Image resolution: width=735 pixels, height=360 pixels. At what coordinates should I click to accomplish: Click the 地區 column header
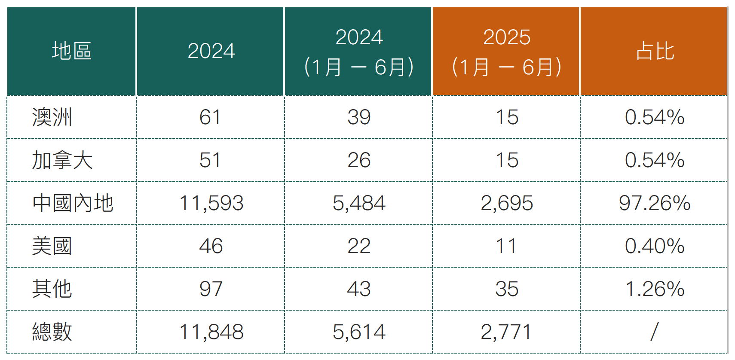click(72, 51)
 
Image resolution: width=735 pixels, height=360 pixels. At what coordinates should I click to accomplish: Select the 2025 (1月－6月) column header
click(506, 52)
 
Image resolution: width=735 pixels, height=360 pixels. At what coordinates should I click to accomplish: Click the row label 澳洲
click(52, 117)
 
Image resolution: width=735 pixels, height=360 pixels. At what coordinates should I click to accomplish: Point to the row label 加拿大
click(62, 160)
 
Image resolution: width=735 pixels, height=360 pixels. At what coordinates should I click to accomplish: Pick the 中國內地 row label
click(73, 203)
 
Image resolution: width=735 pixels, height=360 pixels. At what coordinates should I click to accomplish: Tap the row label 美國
click(52, 246)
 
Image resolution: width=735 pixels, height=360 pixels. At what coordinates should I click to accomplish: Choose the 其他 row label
click(52, 289)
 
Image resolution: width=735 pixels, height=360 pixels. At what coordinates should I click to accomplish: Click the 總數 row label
click(52, 332)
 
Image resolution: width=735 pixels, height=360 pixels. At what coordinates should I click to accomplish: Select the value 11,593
click(211, 203)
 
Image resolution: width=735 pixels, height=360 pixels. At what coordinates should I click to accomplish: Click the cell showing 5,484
click(359, 203)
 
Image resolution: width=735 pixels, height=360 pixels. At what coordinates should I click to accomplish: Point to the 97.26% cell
click(654, 203)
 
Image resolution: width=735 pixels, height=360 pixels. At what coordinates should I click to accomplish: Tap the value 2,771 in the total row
click(506, 332)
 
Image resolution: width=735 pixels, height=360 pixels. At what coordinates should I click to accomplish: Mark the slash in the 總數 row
click(654, 332)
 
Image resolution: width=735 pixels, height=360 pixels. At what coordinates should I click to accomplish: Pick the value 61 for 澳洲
click(210, 117)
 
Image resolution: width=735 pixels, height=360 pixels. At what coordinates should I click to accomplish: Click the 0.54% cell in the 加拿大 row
click(654, 160)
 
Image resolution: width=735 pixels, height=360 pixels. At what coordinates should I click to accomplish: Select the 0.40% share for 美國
click(654, 246)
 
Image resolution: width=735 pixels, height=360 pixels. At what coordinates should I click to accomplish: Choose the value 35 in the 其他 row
click(507, 289)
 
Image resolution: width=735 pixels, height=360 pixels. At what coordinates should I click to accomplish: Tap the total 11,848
click(211, 332)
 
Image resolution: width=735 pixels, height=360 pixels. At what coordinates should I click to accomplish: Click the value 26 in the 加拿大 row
click(359, 160)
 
